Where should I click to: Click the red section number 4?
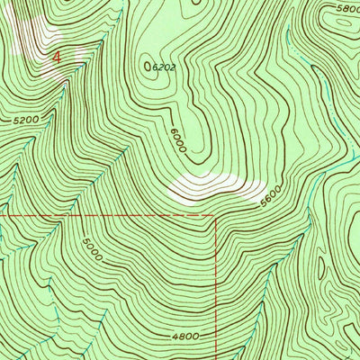58,56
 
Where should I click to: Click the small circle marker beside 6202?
148,66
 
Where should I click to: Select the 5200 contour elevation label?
28,118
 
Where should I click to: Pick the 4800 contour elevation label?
184,336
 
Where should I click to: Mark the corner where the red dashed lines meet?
216,216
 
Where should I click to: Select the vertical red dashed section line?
216,288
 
